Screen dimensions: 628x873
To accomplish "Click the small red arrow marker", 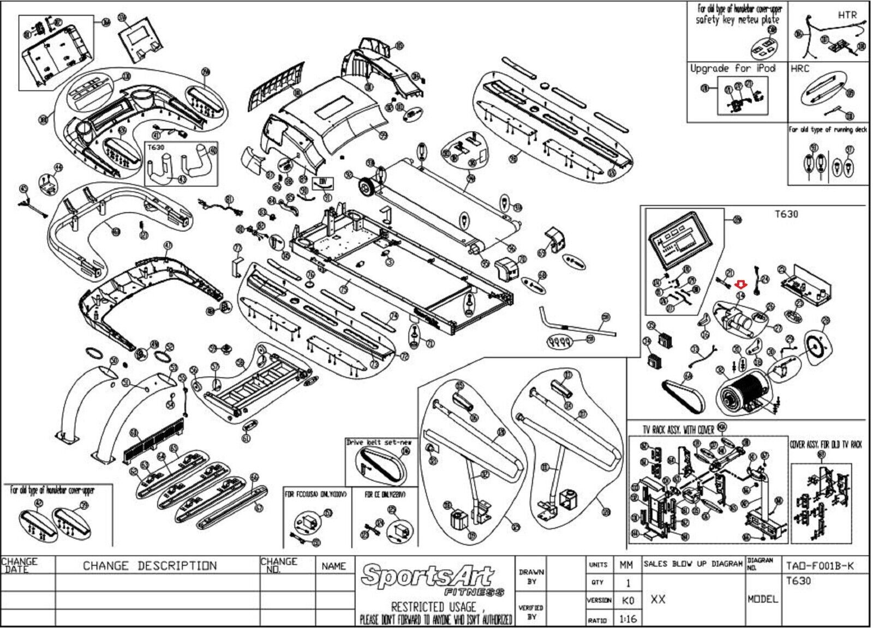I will click(x=740, y=283).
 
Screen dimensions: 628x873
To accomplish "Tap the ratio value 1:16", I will click(x=627, y=619).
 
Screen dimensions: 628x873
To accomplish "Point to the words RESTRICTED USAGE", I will click(x=434, y=606).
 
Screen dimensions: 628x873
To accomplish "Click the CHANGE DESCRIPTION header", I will click(x=150, y=566).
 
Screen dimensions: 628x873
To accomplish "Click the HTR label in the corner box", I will click(x=847, y=15).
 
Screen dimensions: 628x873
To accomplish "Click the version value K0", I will click(x=627, y=600).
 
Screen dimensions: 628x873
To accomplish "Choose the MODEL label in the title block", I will click(x=762, y=599).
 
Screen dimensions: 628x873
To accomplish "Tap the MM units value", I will click(x=626, y=565).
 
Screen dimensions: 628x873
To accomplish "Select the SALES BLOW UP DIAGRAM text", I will click(x=693, y=564).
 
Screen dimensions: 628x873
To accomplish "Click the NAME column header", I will click(x=333, y=566).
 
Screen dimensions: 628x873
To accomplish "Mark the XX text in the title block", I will click(x=658, y=599).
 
